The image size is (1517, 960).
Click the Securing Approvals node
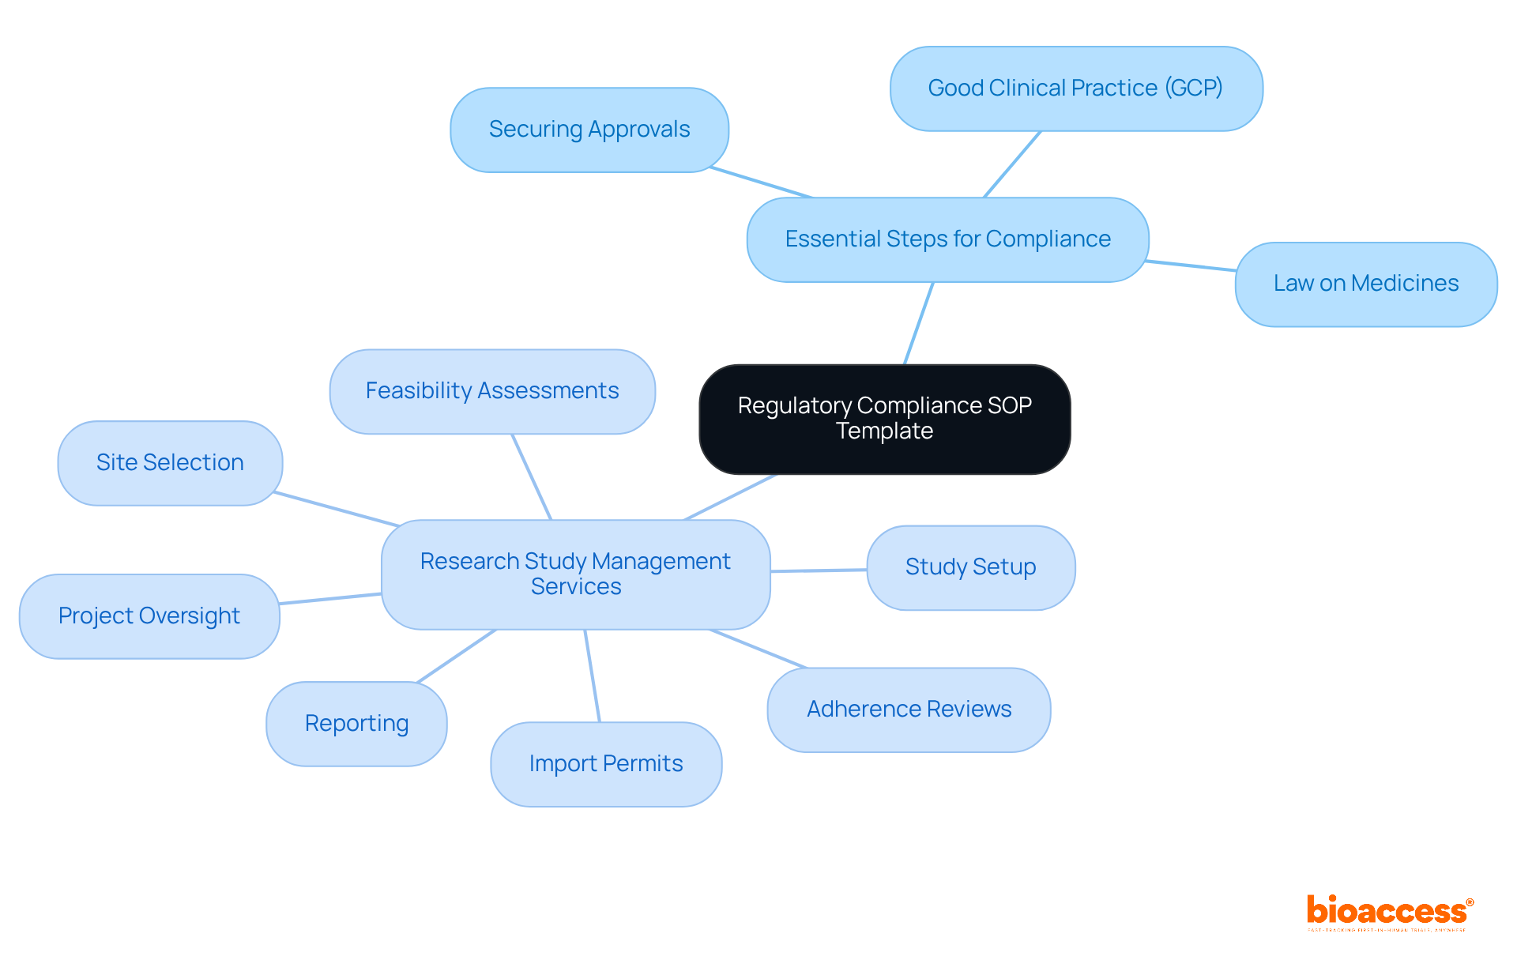tap(589, 130)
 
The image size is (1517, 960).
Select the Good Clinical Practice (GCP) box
tap(1075, 88)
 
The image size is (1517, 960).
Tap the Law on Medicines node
tap(1365, 284)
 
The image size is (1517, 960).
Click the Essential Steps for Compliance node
tap(947, 239)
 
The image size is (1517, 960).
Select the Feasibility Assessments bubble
tap(491, 391)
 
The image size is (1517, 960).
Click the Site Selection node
tap(170, 463)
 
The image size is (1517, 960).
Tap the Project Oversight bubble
tap(149, 616)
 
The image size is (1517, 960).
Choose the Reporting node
tap(356, 724)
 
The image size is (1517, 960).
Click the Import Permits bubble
tap(606, 764)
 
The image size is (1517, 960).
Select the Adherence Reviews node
tap(909, 710)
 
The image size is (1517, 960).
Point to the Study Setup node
tap(970, 567)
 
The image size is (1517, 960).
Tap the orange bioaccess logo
tap(1389, 911)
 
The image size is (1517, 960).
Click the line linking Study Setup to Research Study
tap(819, 570)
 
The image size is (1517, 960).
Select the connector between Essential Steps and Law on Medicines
tap(1191, 265)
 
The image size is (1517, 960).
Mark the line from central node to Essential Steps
tap(918, 324)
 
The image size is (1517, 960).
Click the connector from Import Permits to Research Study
tap(592, 676)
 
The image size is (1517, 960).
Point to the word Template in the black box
tap(884, 431)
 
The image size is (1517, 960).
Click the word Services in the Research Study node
tap(576, 587)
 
